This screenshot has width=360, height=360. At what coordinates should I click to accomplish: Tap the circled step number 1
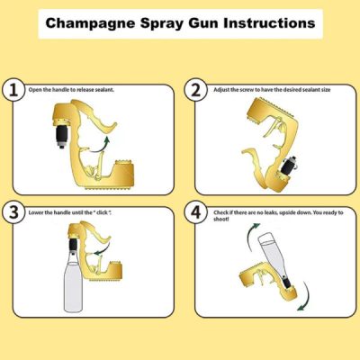(x=13, y=91)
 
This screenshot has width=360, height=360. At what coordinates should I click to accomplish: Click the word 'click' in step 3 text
(x=115, y=211)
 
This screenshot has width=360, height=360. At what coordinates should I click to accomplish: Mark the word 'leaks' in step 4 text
(x=279, y=211)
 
